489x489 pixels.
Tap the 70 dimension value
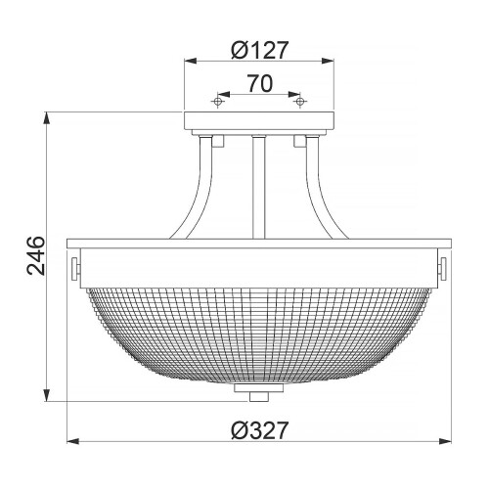[259, 84]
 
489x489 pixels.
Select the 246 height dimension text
[31, 258]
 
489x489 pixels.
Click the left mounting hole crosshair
[220, 101]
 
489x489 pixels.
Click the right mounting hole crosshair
[300, 101]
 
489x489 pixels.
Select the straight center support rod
[259, 186]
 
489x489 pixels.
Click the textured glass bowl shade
[259, 333]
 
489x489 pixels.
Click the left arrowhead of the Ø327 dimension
[70, 443]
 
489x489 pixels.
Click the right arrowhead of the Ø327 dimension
[448, 443]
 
